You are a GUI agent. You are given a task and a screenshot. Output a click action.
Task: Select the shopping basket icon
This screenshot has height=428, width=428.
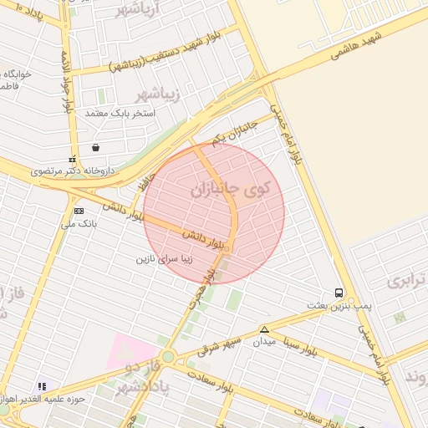click(x=96, y=147)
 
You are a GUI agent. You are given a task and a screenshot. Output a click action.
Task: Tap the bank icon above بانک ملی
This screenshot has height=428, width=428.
click(x=79, y=211)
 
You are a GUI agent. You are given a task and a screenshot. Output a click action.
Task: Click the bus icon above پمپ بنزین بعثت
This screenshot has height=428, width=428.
click(x=339, y=293)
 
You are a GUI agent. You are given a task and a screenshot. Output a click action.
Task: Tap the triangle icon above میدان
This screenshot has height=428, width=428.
click(x=264, y=329)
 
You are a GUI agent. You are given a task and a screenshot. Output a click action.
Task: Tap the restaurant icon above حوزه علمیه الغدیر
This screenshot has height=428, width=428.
click(x=42, y=386)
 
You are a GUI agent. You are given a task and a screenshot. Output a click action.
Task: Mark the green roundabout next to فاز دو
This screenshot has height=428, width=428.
click(x=168, y=357)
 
